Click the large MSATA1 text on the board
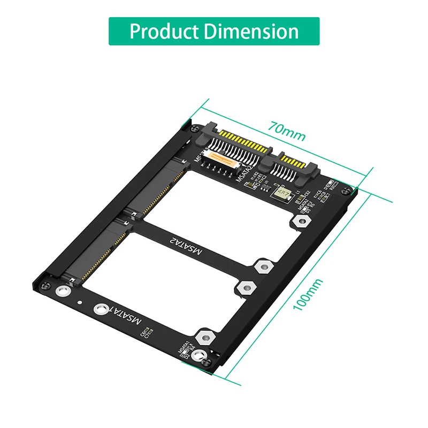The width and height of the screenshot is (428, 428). [x=125, y=314]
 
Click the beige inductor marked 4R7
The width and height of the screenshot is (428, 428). [x=281, y=191]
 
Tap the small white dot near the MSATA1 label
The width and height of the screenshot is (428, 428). [x=81, y=301]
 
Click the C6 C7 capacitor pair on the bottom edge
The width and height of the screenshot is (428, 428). [x=147, y=335]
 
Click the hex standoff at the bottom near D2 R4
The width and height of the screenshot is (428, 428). [x=203, y=338]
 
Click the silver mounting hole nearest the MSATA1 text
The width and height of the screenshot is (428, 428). [x=100, y=309]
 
